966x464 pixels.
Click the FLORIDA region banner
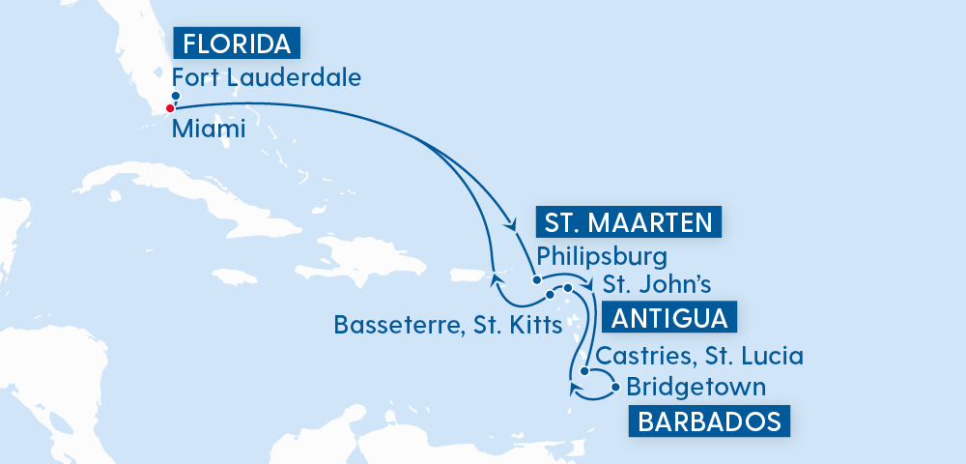236,43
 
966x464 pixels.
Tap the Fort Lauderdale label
266,76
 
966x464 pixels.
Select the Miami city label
209,130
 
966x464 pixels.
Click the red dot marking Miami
170,108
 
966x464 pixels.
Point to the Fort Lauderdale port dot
176,96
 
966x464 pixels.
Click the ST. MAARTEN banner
629,223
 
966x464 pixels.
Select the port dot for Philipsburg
534,280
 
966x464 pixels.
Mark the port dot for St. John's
568,289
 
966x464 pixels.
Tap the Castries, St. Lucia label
699,356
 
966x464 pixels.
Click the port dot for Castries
584,370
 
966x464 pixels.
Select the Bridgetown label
696,388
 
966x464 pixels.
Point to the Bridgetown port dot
615,389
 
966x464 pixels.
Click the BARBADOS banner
708,422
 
